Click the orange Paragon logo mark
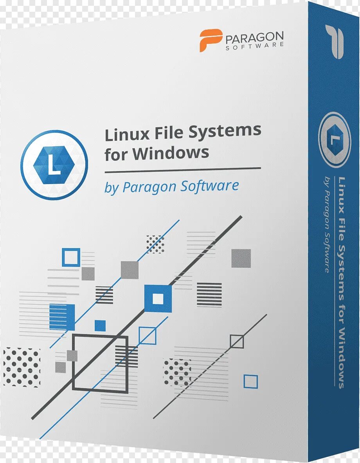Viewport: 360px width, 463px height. tap(211, 40)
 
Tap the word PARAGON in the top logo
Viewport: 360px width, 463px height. tap(254, 38)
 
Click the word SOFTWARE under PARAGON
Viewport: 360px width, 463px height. tap(254, 46)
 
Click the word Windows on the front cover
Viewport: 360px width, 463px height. tap(171, 153)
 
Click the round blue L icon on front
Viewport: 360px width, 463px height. tap(55, 165)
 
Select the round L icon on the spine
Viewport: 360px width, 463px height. tap(334, 139)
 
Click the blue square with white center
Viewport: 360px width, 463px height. tap(158, 298)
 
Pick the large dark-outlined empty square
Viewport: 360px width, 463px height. tap(100, 362)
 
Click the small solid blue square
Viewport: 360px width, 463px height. tap(100, 326)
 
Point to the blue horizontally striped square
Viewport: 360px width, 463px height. tap(62, 317)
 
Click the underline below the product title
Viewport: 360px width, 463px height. tap(182, 170)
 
